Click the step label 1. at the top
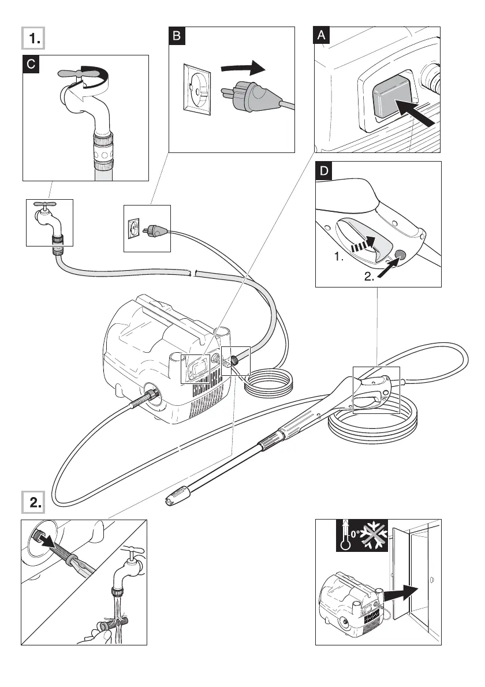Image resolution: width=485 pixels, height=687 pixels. click(x=34, y=39)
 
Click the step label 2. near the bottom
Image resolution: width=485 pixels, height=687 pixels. click(x=34, y=503)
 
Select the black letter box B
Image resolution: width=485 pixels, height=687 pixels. click(x=177, y=36)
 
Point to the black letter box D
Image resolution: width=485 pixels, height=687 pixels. click(x=325, y=171)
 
